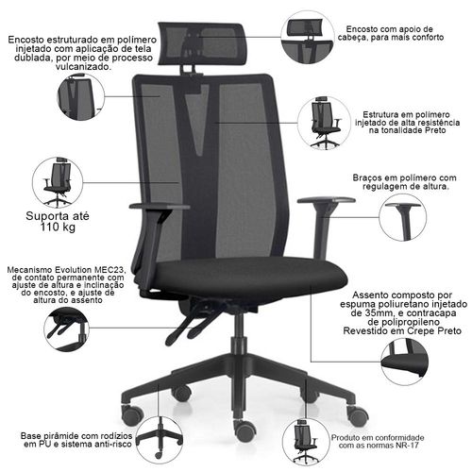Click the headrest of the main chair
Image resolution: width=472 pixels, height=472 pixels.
[201, 44]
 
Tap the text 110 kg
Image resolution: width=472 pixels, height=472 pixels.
[58, 227]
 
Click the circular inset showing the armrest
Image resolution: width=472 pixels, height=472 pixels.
[403, 218]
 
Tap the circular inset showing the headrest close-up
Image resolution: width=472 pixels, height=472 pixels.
[308, 37]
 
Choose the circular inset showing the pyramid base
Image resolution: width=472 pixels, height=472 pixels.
[160, 439]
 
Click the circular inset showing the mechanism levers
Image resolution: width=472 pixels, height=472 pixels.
[66, 329]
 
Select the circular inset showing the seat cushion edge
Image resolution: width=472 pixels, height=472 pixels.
[405, 362]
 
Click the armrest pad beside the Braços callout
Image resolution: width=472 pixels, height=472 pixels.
[327, 200]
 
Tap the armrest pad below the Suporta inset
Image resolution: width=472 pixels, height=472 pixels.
[160, 207]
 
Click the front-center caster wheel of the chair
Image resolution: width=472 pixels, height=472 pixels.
[244, 430]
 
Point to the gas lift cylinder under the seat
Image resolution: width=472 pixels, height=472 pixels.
[240, 333]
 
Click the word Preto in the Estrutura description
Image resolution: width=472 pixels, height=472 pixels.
[435, 130]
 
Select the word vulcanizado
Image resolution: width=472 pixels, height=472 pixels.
[83, 67]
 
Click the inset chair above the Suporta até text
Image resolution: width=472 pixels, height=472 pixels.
[59, 182]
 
